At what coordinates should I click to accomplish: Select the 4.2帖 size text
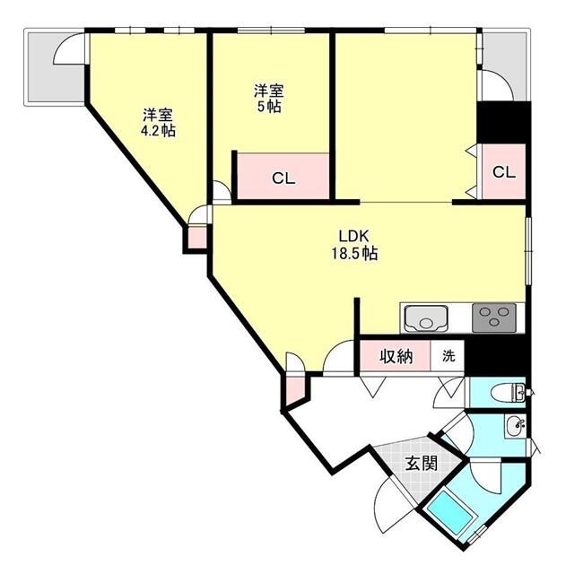point(158,131)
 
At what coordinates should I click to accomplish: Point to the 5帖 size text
point(268,107)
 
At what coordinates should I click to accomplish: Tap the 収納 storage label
point(395,356)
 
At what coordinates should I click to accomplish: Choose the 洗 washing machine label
point(448,356)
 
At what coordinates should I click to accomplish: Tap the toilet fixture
point(513,392)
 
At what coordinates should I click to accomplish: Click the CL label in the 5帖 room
point(283,178)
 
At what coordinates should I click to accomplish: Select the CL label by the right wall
point(504,173)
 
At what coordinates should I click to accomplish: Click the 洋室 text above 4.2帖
point(158,115)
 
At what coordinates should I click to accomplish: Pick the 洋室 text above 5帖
point(268,91)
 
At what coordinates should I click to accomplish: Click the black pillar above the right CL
point(503,123)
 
